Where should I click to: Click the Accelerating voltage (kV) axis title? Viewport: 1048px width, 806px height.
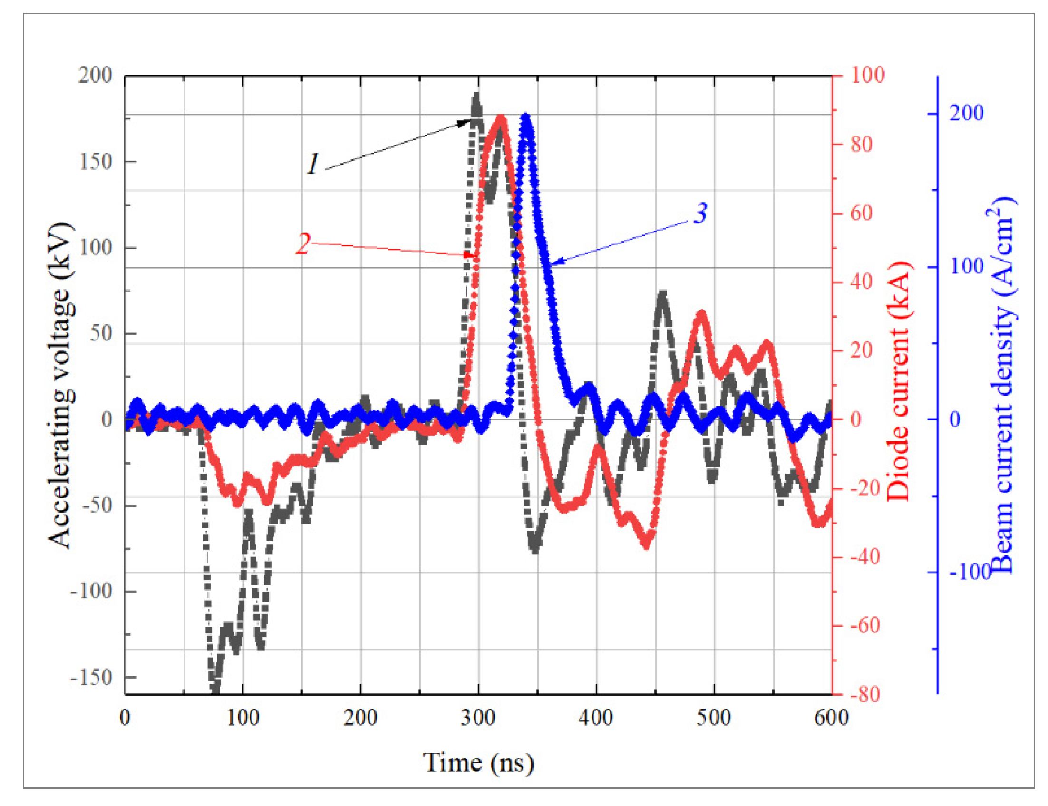click(61, 384)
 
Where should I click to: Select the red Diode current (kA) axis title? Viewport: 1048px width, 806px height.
click(898, 381)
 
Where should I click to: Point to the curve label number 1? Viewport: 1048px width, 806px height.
click(313, 164)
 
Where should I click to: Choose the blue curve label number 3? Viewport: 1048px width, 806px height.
click(701, 213)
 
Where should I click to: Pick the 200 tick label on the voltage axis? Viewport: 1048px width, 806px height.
click(96, 75)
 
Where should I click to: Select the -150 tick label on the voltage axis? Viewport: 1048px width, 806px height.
click(91, 678)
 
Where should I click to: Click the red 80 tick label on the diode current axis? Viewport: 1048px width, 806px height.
click(862, 145)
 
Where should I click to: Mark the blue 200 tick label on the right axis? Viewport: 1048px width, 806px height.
click(966, 114)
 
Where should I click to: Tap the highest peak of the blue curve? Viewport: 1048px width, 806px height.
click(526, 117)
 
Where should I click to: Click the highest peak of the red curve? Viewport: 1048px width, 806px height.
click(501, 117)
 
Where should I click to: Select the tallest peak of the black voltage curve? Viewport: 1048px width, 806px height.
click(476, 95)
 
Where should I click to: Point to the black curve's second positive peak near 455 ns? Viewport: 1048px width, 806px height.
click(662, 293)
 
